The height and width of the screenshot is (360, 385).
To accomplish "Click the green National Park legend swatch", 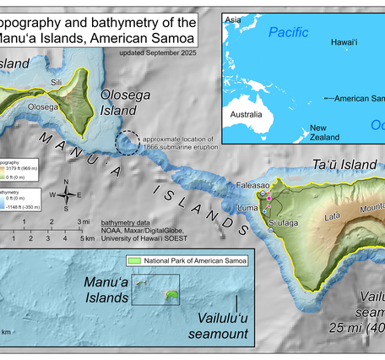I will pyautogui.click(x=136, y=259).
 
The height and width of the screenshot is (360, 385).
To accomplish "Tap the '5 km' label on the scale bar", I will pyautogui.click(x=87, y=238).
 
